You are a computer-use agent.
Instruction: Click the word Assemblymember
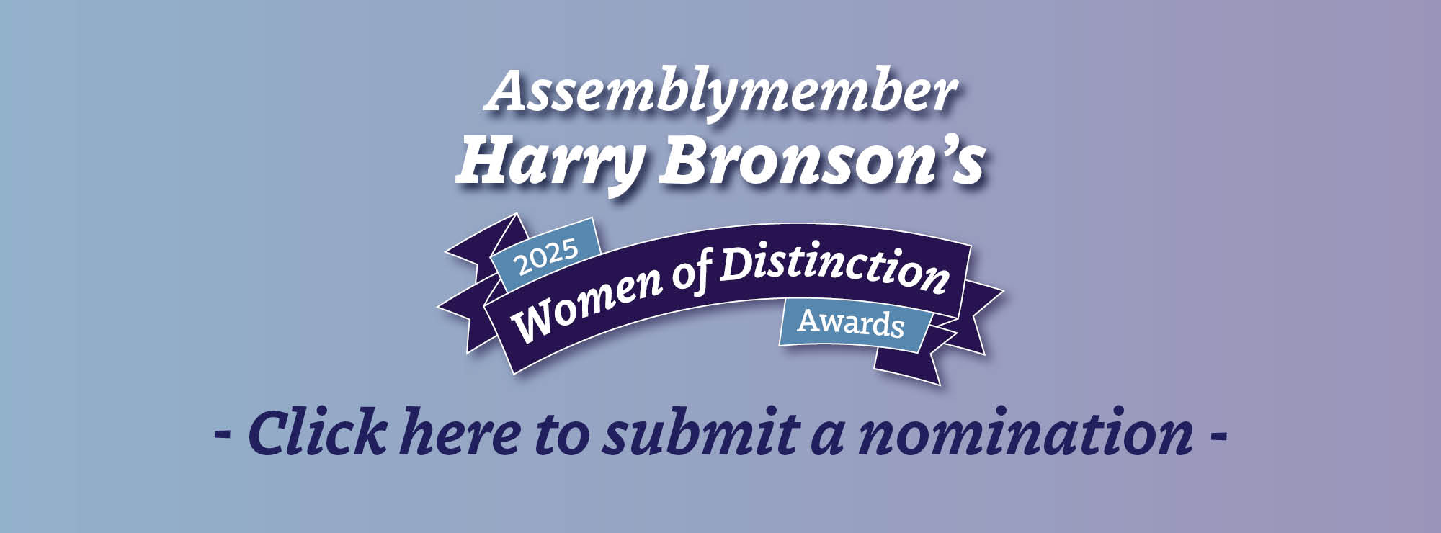(721, 94)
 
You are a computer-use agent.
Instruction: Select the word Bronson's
(822, 161)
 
